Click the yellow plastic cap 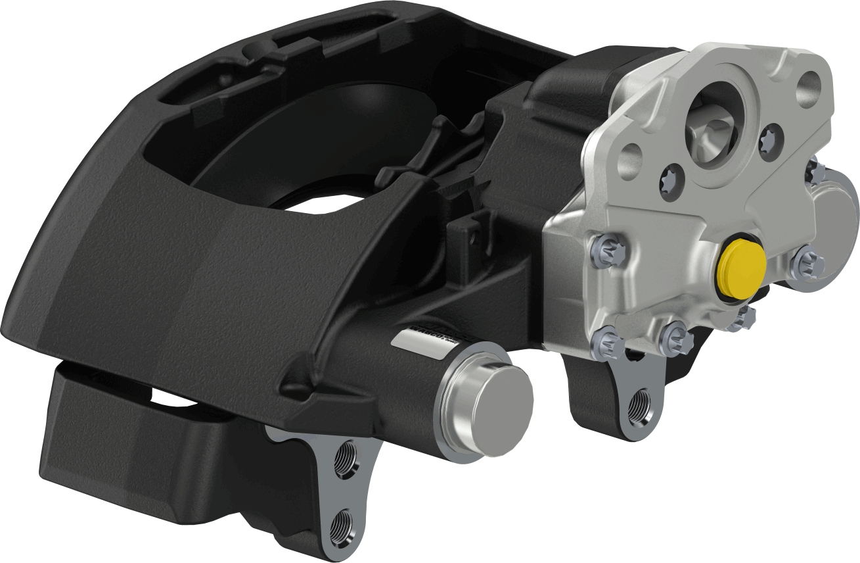(742, 269)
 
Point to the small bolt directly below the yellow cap (744, 318)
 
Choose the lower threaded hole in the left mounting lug (342, 524)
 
